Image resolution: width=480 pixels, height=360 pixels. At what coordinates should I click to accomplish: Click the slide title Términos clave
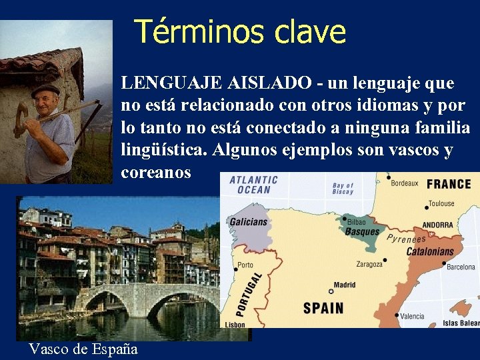[240, 31]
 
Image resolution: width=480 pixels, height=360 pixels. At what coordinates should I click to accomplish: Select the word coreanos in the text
[156, 172]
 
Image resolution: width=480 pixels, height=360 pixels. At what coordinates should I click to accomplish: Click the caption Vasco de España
[83, 349]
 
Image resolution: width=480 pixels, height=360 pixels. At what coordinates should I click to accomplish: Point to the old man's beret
[45, 89]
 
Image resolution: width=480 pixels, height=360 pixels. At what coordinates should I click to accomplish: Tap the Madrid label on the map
[344, 285]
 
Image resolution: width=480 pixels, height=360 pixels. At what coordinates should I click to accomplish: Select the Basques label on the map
[361, 232]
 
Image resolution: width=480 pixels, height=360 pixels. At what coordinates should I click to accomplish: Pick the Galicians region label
[248, 222]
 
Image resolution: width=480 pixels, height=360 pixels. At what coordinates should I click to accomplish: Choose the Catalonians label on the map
[430, 252]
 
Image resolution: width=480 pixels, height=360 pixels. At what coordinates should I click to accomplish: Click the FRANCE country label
[449, 184]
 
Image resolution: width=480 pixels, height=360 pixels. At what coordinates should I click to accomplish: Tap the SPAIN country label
[323, 308]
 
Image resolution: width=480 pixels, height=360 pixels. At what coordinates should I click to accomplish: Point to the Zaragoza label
[369, 264]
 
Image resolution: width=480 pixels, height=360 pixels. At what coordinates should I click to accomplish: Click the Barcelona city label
[461, 267]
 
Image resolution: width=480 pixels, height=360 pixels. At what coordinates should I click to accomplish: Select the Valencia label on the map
[412, 316]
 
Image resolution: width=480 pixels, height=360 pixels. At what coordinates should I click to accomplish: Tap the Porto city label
[245, 265]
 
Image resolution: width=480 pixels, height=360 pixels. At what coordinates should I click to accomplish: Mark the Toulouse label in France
[441, 203]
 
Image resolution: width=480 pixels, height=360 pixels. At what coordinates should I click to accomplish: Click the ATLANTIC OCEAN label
[253, 185]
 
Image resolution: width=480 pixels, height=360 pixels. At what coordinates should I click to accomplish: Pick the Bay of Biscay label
[343, 189]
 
